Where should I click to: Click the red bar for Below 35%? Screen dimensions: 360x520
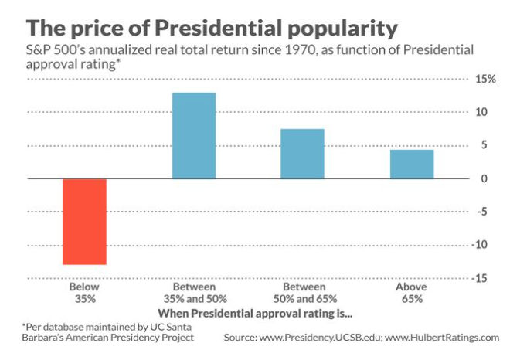click(x=84, y=222)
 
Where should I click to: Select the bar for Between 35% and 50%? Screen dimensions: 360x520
click(x=193, y=136)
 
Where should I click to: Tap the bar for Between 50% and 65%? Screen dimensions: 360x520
click(x=302, y=154)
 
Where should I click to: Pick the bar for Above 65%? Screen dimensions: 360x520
click(x=411, y=164)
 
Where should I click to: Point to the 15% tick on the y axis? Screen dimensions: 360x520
click(x=485, y=80)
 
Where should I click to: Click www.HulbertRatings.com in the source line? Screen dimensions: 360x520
click(x=444, y=338)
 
